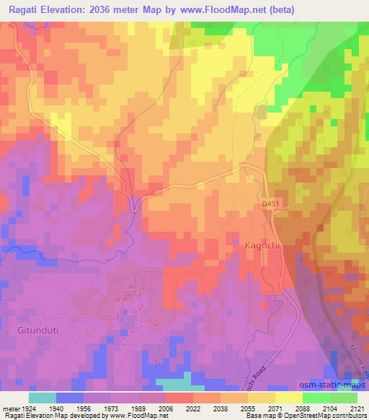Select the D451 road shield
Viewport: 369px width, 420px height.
click(x=269, y=205)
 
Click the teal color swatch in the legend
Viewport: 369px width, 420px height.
click(x=42, y=398)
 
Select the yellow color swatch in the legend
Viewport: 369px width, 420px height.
click(x=288, y=398)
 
